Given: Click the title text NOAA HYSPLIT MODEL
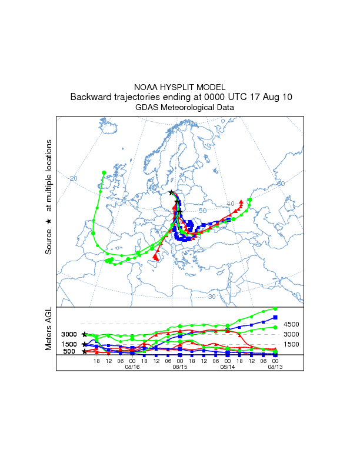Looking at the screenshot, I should (180, 86).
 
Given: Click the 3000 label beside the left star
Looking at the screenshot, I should (69, 334).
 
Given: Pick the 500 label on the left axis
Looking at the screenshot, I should (70, 352).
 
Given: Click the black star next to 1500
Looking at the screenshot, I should (85, 344).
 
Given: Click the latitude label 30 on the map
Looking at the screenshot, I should (212, 297).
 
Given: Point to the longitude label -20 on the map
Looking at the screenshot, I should (72, 178).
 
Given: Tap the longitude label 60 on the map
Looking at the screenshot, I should (281, 184).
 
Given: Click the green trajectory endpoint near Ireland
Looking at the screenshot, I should (104, 173).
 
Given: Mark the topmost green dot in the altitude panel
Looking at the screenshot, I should (275, 308).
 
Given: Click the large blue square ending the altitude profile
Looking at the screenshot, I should (275, 318).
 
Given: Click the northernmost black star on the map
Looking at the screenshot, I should (171, 192).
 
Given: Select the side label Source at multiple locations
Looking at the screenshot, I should (49, 197).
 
